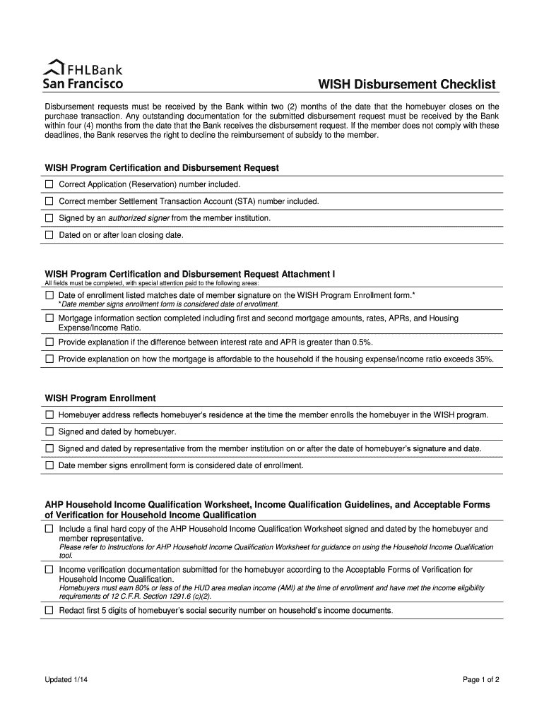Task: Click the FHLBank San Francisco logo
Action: click(84, 76)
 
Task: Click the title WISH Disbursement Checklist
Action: click(407, 85)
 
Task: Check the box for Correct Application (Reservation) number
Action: click(49, 184)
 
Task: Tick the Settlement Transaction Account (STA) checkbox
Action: click(49, 201)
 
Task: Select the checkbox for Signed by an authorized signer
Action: click(49, 218)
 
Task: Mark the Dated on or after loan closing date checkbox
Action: click(49, 235)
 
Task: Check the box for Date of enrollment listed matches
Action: click(49, 294)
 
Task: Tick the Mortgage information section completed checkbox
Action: click(49, 318)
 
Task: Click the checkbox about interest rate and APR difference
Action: click(49, 342)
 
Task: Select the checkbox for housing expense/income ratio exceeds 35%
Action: click(49, 359)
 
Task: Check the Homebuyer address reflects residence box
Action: click(49, 414)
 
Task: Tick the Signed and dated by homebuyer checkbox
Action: click(49, 431)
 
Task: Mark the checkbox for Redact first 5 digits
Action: click(49, 610)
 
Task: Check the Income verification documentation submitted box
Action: click(49, 569)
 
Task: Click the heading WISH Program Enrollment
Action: click(100, 398)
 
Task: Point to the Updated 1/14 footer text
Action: click(67, 680)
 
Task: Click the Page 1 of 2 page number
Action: click(481, 680)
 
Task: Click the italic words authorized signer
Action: click(138, 218)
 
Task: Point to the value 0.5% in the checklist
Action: click(360, 342)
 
